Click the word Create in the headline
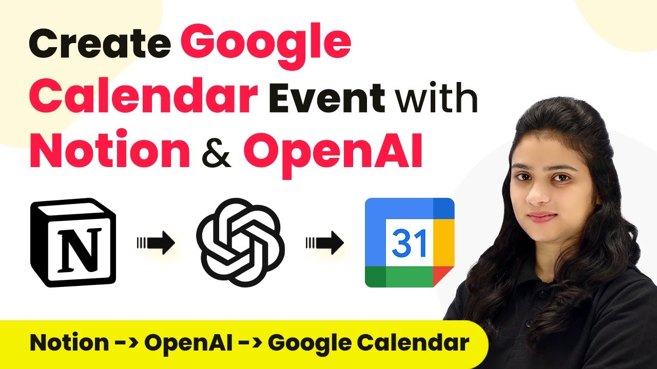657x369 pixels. tap(100, 44)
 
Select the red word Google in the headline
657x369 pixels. tap(265, 45)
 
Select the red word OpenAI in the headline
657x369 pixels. tap(333, 154)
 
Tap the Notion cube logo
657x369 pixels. tap(73, 242)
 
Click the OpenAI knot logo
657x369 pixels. tap(240, 242)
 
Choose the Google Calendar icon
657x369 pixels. tap(410, 242)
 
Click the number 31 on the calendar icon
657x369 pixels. tap(409, 243)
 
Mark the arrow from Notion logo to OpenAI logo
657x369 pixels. tap(156, 243)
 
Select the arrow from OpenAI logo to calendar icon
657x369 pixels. tap(325, 243)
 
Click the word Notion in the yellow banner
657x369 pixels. tap(69, 343)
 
